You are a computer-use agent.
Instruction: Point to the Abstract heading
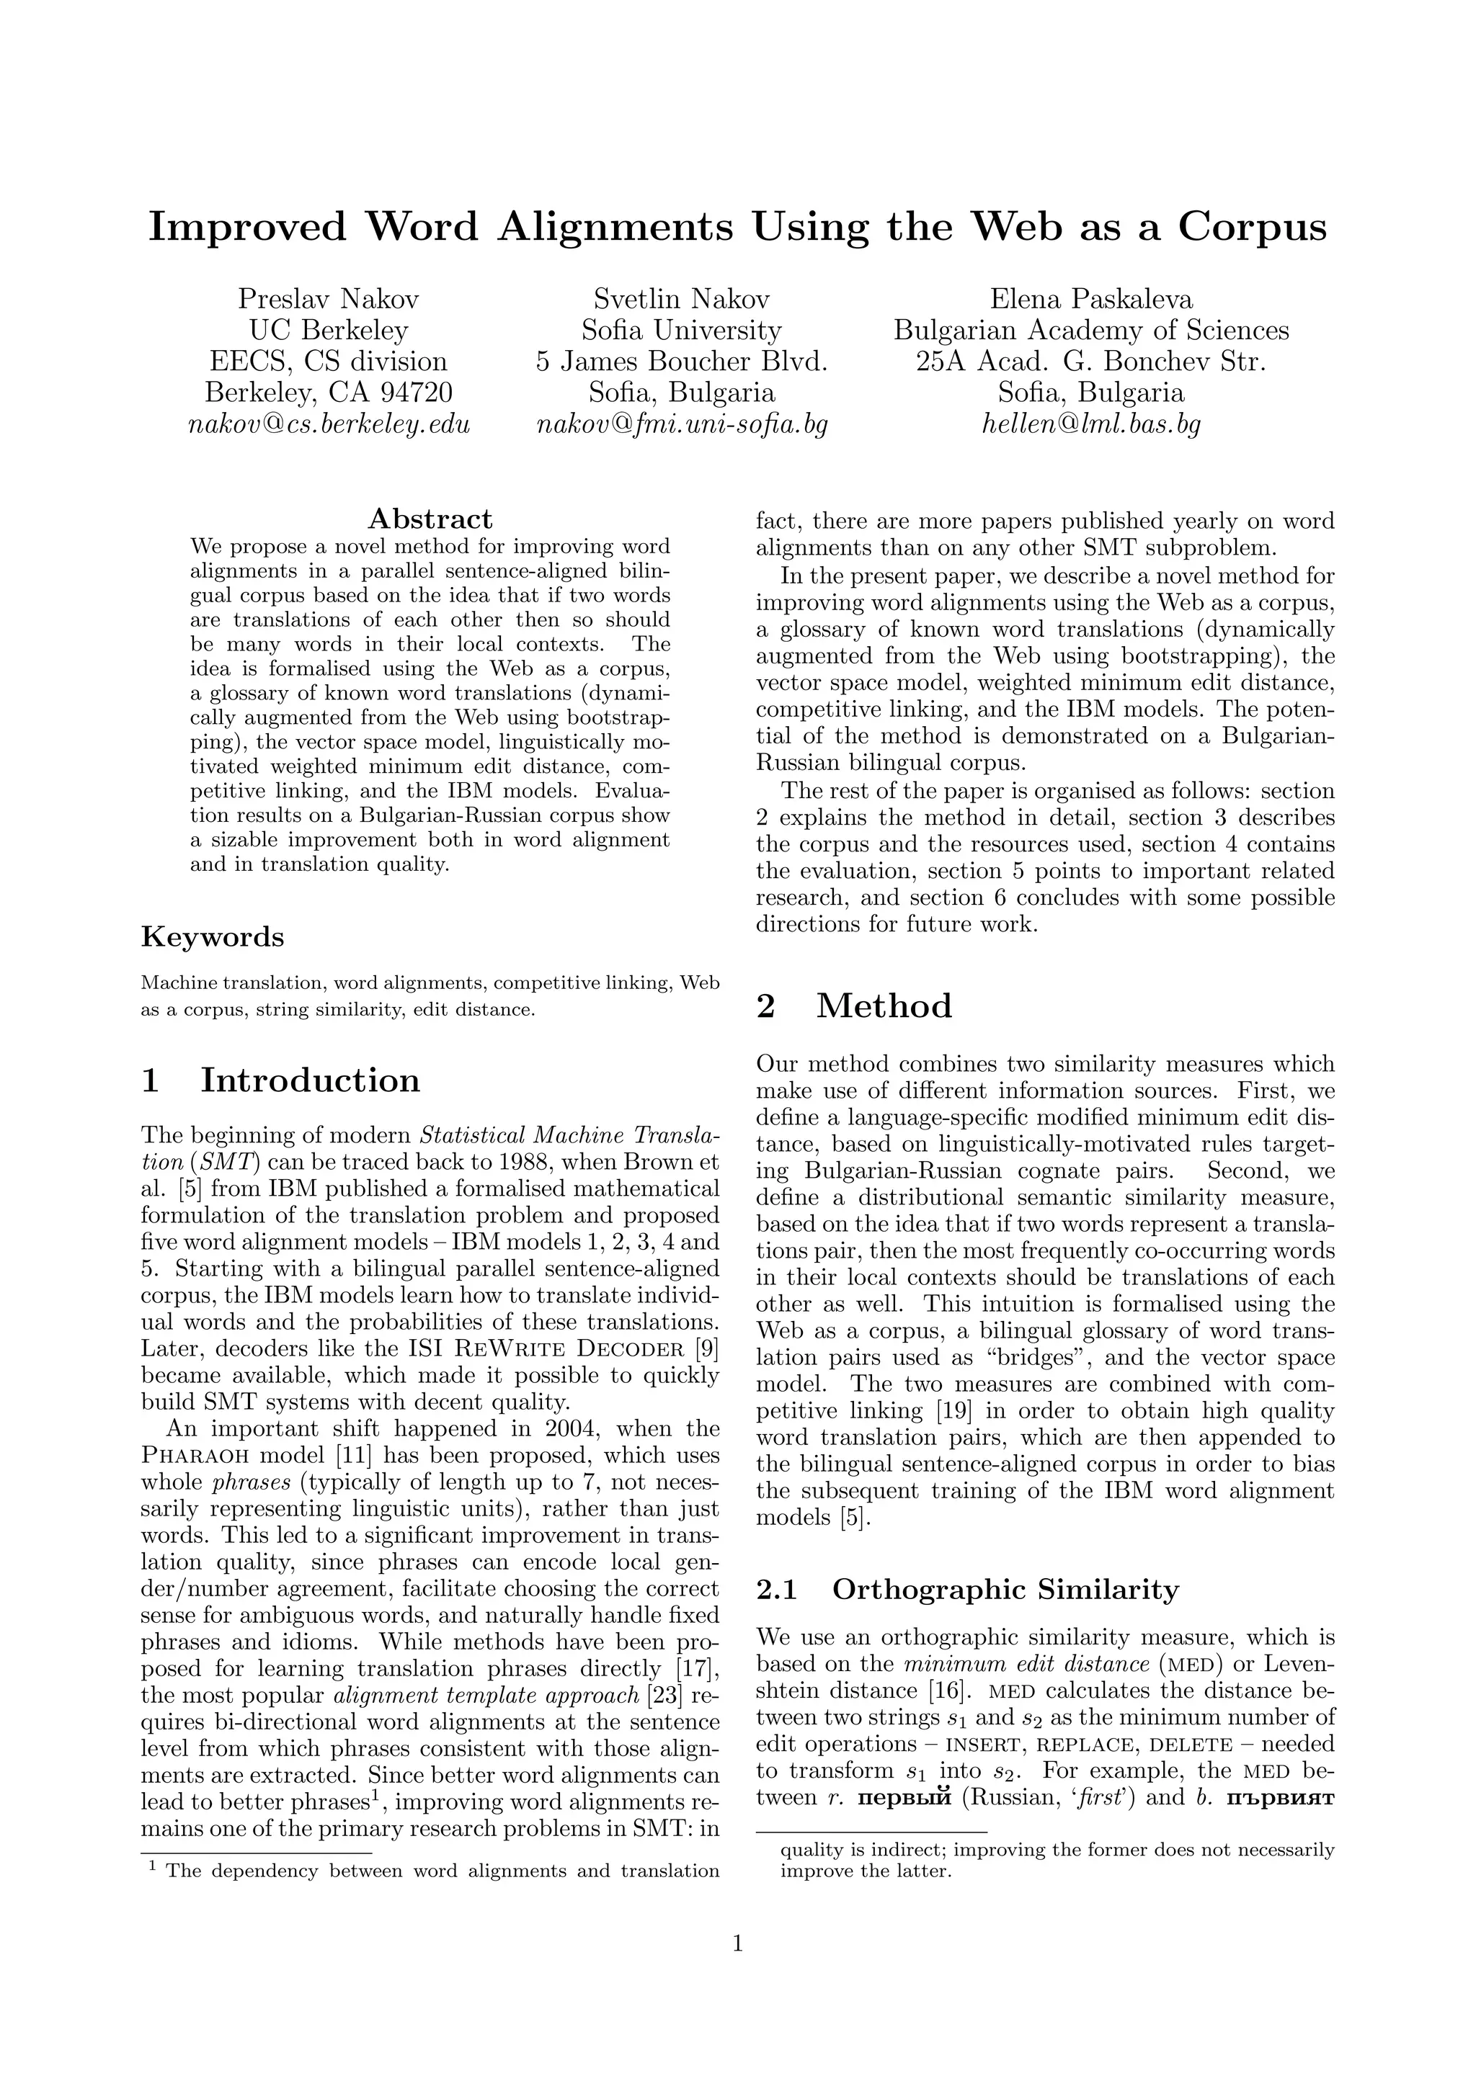(430, 519)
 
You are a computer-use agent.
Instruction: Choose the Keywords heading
(213, 936)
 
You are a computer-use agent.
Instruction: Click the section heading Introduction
(310, 1080)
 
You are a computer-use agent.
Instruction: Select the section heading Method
(884, 1006)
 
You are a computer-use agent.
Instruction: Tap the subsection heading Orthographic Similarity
(1005, 1589)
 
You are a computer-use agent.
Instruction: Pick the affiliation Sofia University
(682, 330)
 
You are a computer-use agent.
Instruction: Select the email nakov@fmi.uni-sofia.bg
(682, 424)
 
